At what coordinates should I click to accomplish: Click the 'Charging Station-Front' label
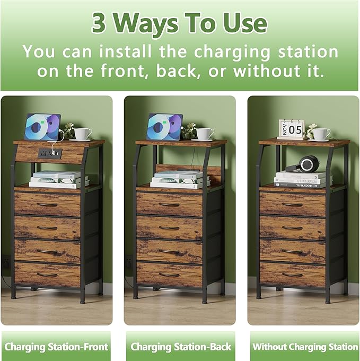(x=56, y=347)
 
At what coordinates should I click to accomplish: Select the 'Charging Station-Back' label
(x=180, y=347)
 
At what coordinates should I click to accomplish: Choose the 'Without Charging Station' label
(x=304, y=347)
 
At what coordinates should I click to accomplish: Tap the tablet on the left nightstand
(x=42, y=127)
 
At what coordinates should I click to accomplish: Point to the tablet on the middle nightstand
(x=164, y=127)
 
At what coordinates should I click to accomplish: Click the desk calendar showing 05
(x=291, y=129)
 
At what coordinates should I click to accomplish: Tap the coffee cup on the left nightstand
(x=82, y=134)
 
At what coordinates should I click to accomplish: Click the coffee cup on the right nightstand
(x=320, y=134)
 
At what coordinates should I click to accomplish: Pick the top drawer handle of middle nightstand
(x=169, y=204)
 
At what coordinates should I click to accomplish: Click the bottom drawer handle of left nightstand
(x=47, y=274)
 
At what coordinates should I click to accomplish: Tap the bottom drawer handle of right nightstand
(x=292, y=274)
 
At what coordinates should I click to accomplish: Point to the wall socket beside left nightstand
(x=6, y=262)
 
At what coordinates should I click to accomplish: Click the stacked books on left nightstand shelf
(x=58, y=180)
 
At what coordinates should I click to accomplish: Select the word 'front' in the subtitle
(x=98, y=71)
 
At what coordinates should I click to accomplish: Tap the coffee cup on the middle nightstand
(x=204, y=134)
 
